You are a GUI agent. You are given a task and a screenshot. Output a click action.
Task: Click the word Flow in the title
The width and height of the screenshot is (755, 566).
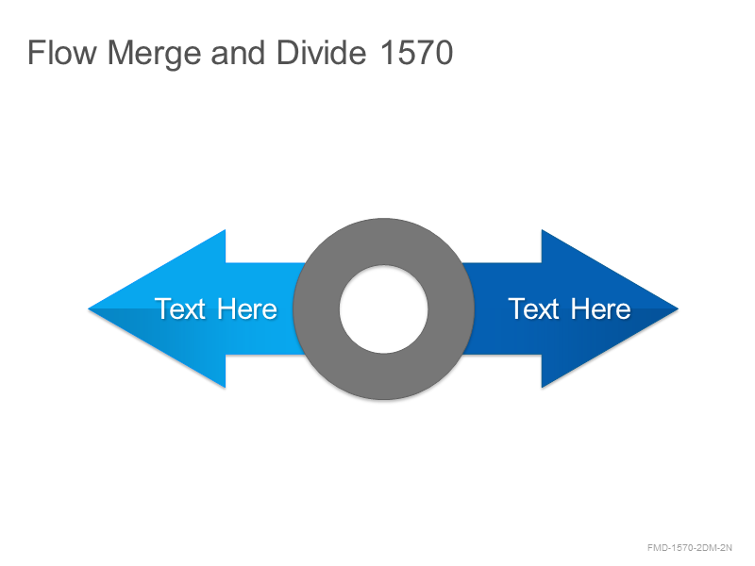[62, 53]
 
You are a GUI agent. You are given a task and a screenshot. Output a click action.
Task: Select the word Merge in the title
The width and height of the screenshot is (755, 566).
[154, 54]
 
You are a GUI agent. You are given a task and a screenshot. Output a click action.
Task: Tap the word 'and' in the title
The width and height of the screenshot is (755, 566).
[238, 53]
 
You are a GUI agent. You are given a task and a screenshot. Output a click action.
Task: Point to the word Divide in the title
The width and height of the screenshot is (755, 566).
[321, 53]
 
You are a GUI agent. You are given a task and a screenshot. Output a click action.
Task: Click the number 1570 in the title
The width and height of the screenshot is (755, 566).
[416, 53]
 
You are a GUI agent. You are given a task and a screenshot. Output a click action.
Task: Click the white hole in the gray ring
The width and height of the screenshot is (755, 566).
[384, 309]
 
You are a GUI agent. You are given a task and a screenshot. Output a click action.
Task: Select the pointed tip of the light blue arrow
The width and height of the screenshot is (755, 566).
[88, 309]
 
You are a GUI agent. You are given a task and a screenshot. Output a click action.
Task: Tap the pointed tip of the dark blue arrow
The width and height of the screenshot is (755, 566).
[679, 309]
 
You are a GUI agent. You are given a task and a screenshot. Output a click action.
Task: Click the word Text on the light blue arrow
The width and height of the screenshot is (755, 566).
[180, 309]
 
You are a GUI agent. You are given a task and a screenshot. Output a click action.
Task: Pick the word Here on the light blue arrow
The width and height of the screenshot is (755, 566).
[247, 309]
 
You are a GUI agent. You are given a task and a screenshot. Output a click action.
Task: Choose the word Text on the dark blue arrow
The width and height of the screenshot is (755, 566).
[533, 309]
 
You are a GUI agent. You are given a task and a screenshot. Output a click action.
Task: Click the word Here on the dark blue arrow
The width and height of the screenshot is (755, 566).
[600, 309]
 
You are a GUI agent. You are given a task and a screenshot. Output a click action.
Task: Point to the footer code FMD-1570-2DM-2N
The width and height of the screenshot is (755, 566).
[690, 548]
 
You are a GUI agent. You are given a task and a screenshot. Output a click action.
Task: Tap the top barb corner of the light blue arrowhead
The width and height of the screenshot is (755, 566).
[226, 230]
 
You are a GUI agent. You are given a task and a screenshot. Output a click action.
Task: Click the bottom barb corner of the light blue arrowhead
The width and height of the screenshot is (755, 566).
[226, 388]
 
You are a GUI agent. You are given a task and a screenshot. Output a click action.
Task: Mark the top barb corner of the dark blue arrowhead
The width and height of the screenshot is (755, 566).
[542, 230]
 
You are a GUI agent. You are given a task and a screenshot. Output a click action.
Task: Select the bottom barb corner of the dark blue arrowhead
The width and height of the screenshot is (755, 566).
[542, 388]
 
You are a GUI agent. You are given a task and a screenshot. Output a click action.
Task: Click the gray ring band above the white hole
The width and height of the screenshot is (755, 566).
[384, 241]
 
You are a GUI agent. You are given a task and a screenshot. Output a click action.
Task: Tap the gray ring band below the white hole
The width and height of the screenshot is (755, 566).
[384, 376]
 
